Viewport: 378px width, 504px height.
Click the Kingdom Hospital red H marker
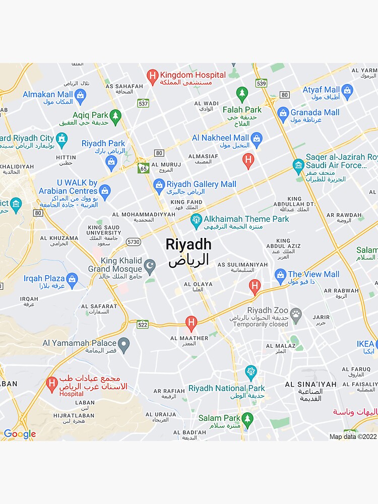tap(152, 77)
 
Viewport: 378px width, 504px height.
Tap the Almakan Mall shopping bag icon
tap(80, 95)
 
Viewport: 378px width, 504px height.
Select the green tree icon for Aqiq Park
tap(116, 116)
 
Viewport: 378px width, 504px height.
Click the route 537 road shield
tap(143, 103)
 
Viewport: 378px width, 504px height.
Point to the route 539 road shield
tap(261, 83)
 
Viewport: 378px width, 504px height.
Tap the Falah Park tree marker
tap(242, 94)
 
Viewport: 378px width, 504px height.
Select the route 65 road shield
tap(143, 168)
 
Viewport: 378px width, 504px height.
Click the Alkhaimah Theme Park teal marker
tap(196, 220)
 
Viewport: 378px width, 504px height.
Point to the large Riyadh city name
tap(188, 245)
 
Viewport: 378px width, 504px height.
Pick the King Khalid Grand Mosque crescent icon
tap(150, 265)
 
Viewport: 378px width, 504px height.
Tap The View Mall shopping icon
tap(281, 275)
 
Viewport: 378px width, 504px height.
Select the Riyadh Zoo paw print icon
tap(296, 314)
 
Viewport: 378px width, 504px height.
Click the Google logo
tap(20, 434)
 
